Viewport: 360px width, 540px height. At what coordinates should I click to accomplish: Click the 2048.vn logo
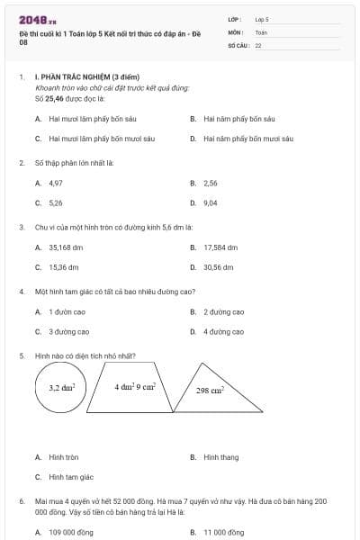tap(38, 19)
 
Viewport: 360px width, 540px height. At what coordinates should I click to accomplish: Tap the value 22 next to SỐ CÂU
tap(258, 44)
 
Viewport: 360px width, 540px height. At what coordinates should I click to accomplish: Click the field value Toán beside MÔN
tap(261, 31)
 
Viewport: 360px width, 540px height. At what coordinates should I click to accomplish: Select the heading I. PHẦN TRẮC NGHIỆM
tap(85, 78)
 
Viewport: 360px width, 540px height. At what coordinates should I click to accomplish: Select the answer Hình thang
tap(220, 457)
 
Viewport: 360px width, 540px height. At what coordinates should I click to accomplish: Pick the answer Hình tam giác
tap(71, 477)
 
